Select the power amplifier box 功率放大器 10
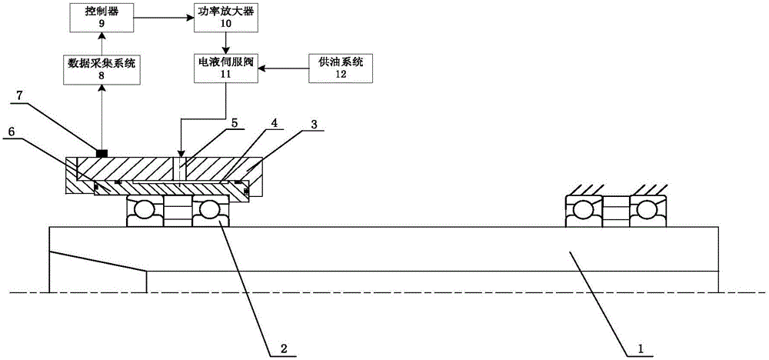pos(225,16)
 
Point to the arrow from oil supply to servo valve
pos(285,68)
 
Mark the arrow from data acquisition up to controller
pos(102,42)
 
